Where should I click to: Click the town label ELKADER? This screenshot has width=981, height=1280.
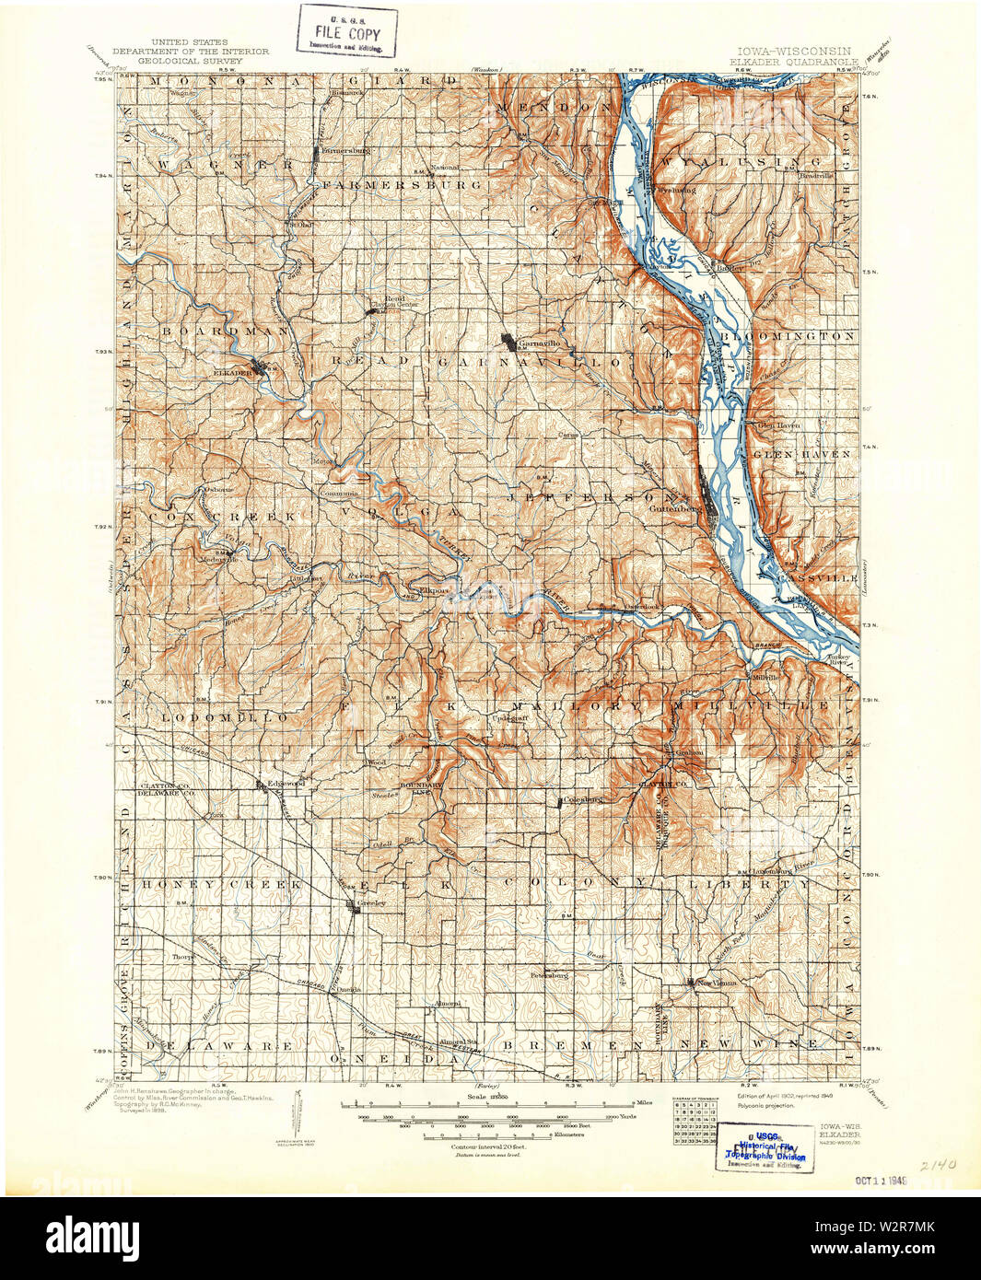pos(231,372)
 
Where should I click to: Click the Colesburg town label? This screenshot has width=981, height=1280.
pos(582,799)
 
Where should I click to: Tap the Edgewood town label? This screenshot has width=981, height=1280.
pos(286,783)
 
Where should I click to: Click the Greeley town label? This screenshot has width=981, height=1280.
pos(370,904)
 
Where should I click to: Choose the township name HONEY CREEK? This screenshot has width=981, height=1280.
pos(220,884)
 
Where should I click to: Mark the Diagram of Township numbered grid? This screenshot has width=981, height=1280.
pos(698,1121)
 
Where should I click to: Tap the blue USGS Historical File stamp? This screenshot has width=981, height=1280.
pos(765,1147)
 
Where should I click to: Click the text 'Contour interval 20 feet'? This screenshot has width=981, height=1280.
pos(475,1147)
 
